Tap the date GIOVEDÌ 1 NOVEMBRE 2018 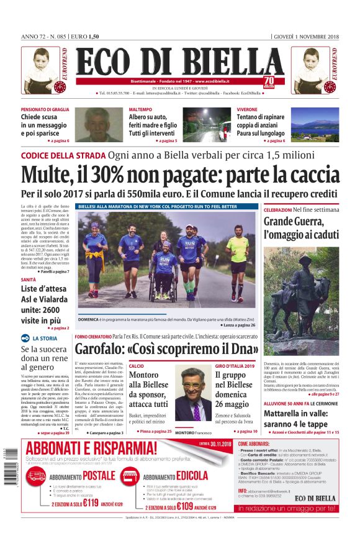click(x=306, y=37)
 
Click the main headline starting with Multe click(x=180, y=175)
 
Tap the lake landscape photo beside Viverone click(x=315, y=126)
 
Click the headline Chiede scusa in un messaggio click(x=45, y=125)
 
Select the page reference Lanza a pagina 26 click(x=238, y=325)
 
